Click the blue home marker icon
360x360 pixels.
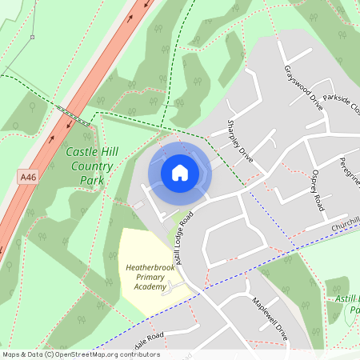[180, 172]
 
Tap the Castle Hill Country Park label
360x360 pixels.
[89, 166]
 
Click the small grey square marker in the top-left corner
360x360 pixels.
[33, 37]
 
